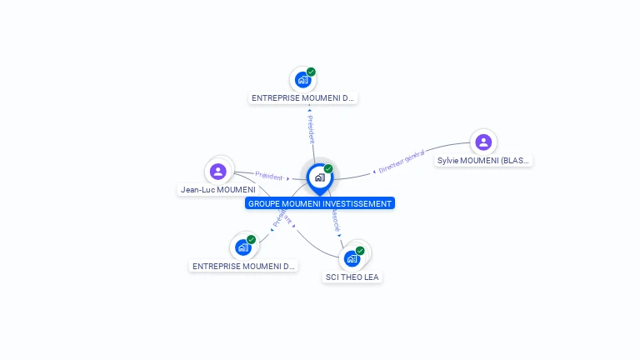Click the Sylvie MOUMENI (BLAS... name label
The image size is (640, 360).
[483, 161]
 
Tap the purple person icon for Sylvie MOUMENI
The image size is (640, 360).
[483, 142]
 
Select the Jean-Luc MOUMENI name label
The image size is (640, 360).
[218, 190]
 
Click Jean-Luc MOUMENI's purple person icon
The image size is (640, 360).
[218, 171]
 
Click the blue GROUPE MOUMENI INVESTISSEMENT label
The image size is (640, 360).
[320, 203]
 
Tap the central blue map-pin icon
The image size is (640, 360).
[319, 177]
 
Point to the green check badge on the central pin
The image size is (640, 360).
[328, 168]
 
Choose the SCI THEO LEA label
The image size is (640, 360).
[352, 277]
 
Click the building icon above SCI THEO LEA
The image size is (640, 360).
[352, 258]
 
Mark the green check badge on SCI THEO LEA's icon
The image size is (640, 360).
[360, 250]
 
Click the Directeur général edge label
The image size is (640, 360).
[402, 161]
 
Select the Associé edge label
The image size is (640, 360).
[335, 220]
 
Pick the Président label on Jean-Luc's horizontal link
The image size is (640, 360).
[269, 176]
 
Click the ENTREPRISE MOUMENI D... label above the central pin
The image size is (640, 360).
[303, 98]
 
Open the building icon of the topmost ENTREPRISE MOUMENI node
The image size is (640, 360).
[302, 80]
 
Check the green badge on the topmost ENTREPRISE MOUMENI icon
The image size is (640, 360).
[311, 72]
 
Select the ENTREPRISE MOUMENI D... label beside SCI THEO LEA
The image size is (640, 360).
[243, 267]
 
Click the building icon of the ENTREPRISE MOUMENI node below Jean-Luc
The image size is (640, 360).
[242, 247]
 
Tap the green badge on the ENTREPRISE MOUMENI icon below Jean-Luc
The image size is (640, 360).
[251, 239]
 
